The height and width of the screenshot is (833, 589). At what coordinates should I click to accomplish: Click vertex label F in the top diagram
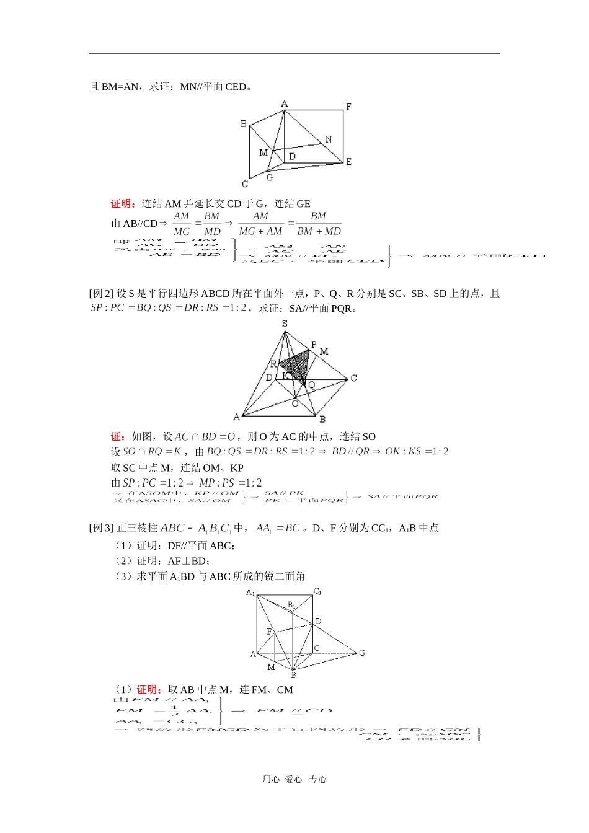(348, 107)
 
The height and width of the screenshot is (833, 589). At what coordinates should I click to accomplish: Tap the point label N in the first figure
(328, 139)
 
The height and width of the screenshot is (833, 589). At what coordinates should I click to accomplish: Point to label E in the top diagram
(348, 162)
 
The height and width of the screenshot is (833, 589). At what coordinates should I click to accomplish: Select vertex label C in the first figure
(245, 183)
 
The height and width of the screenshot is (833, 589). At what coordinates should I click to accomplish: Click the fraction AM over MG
(181, 224)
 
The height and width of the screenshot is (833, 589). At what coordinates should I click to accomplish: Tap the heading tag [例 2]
(102, 294)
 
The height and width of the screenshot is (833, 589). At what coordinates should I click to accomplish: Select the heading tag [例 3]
(102, 528)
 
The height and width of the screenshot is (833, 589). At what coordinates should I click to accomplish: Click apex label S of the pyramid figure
(285, 324)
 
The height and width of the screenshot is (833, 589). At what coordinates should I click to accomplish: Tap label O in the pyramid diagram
(295, 403)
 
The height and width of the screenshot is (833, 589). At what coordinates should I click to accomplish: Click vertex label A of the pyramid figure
(236, 417)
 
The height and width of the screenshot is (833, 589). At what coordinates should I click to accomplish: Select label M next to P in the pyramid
(324, 351)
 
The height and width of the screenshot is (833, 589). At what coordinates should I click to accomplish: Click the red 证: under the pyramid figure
(118, 437)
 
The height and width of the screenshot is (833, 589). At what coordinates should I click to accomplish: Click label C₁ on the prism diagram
(317, 591)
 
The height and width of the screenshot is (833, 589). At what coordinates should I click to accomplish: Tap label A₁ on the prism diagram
(250, 593)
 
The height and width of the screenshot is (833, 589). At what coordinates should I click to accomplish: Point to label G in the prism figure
(362, 653)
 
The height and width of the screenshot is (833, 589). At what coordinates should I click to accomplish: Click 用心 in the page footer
(271, 780)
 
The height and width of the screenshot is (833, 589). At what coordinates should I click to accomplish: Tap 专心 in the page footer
(318, 780)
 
